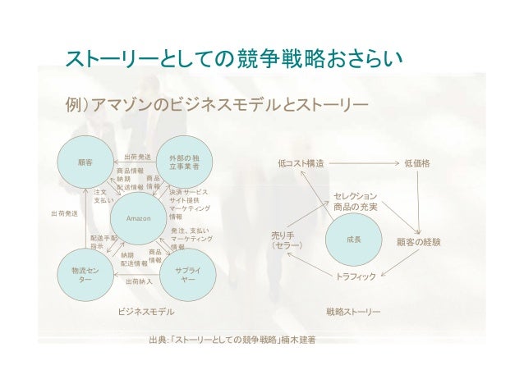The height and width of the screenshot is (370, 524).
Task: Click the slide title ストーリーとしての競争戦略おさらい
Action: pyautogui.click(x=233, y=60)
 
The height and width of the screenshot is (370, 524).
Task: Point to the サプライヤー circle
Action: pyautogui.click(x=186, y=273)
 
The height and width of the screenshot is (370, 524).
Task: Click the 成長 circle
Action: pyautogui.click(x=354, y=240)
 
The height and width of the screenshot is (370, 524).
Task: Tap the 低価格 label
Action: pyautogui.click(x=417, y=164)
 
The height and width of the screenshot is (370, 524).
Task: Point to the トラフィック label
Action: pyautogui.click(x=356, y=277)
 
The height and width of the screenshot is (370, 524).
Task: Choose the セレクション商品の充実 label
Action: pyautogui.click(x=356, y=202)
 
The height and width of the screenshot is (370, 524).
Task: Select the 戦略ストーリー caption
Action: pyautogui.click(x=353, y=312)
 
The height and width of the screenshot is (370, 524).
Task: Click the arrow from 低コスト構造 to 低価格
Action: pyautogui.click(x=361, y=164)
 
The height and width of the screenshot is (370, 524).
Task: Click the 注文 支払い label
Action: pyautogui.click(x=103, y=195)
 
